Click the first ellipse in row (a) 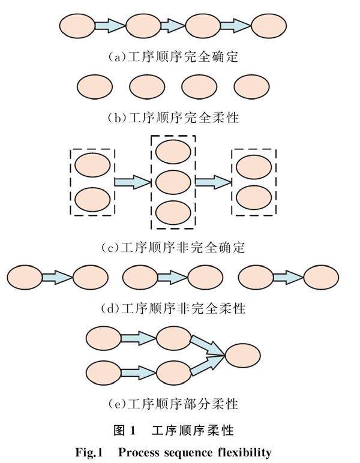click(x=77, y=26)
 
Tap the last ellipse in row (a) click(x=268, y=26)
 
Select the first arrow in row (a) click(x=110, y=26)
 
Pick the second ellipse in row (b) click(x=147, y=86)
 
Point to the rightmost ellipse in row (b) click(x=252, y=86)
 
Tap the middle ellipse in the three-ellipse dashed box click(x=173, y=181)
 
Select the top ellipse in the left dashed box click(x=92, y=164)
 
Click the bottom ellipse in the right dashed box click(x=254, y=197)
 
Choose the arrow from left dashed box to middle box click(x=132, y=181)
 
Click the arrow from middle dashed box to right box click(x=213, y=181)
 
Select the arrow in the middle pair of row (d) click(x=173, y=277)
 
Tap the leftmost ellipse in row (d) click(x=25, y=277)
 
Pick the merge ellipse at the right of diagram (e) click(x=243, y=356)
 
